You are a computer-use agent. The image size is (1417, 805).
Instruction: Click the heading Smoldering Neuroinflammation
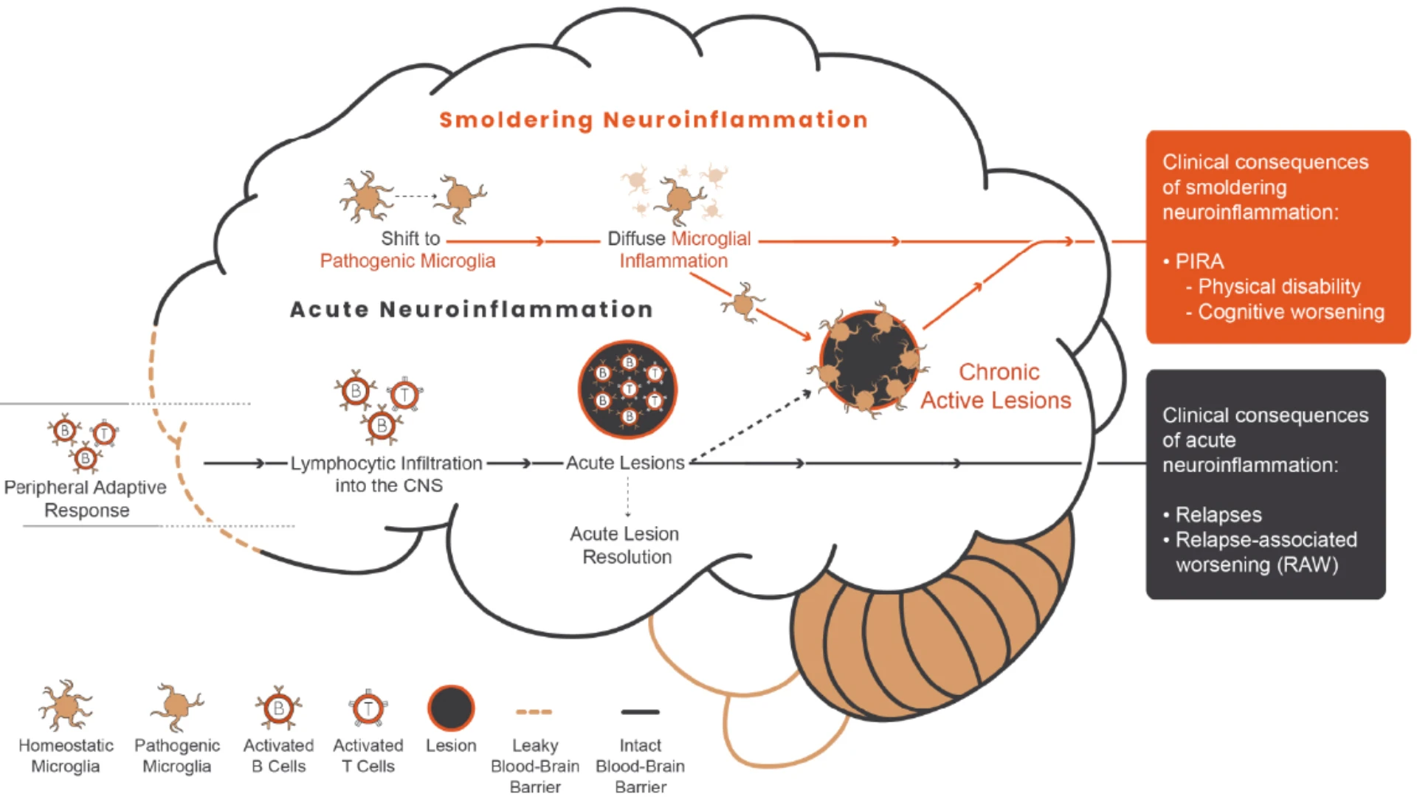(x=653, y=120)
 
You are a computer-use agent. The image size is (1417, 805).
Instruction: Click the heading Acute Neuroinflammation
(x=472, y=309)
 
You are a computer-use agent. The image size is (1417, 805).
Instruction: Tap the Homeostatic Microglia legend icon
(x=66, y=705)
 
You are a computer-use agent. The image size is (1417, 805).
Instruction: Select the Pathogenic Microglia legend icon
(x=176, y=706)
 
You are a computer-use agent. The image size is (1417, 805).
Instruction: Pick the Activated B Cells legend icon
(x=278, y=708)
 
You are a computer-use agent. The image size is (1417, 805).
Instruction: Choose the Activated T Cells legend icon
(x=368, y=709)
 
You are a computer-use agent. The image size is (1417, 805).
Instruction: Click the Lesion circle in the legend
(x=451, y=708)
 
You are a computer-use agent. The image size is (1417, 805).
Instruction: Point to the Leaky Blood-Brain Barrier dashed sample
(x=534, y=712)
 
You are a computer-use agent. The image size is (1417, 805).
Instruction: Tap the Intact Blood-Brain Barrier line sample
(x=640, y=712)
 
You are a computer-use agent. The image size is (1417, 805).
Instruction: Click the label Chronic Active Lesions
(x=996, y=386)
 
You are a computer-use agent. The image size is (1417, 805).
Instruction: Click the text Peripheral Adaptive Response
(x=86, y=499)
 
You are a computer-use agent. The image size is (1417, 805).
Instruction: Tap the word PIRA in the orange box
(x=1199, y=261)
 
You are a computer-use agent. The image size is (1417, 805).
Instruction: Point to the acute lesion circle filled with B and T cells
(x=627, y=389)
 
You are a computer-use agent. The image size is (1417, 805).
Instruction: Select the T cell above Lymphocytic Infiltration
(x=404, y=395)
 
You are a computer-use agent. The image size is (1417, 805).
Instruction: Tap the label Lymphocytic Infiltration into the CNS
(x=387, y=474)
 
